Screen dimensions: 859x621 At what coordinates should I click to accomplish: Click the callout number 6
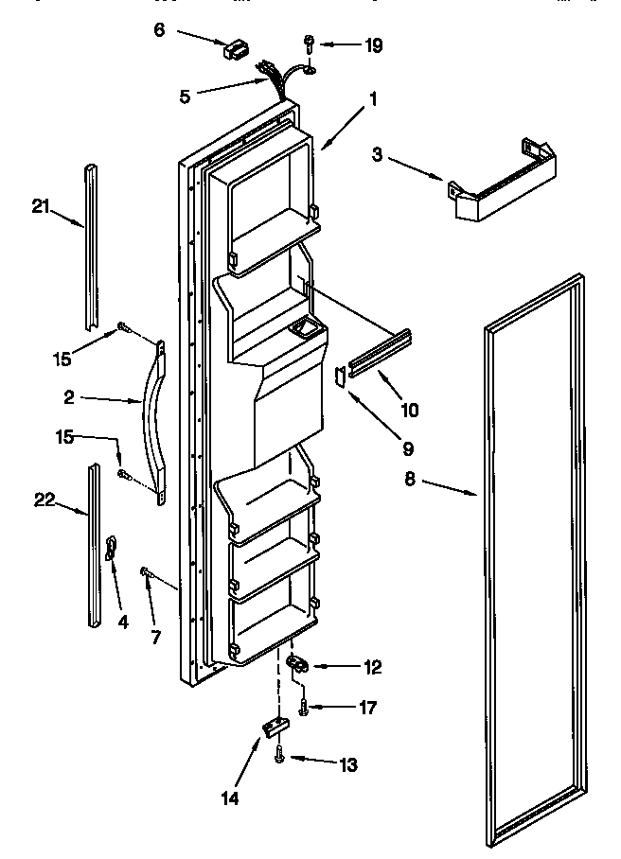pos(159,29)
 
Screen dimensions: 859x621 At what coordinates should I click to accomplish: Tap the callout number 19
pos(374,44)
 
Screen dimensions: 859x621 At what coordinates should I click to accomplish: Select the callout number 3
pos(377,154)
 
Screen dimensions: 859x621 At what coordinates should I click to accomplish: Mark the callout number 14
pos(231,797)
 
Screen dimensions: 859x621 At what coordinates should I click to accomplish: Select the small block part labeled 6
pos(234,49)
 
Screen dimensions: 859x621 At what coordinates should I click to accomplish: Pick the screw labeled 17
pos(304,706)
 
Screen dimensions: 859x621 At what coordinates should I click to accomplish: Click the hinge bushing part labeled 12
pos(299,666)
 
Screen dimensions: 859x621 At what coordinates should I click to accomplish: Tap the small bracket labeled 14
pos(275,727)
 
